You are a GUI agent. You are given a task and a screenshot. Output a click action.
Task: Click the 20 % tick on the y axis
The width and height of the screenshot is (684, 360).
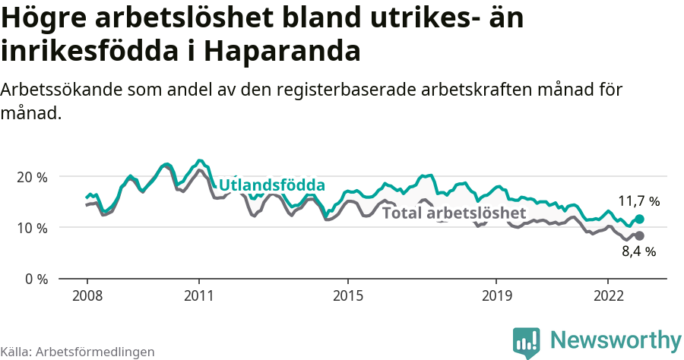point(30,177)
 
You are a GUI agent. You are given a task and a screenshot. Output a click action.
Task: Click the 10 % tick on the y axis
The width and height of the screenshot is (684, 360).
point(30,228)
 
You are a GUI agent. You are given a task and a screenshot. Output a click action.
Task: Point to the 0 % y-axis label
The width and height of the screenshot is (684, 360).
point(34,279)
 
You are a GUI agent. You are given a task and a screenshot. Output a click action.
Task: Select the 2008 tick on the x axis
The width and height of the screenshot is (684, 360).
point(87,295)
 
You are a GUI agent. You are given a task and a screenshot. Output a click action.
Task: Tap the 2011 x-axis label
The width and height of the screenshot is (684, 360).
point(198,295)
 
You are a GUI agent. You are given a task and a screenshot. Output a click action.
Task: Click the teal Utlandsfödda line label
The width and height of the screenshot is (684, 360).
point(272,185)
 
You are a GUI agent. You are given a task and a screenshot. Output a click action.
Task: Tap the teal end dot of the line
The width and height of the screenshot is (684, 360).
point(639,219)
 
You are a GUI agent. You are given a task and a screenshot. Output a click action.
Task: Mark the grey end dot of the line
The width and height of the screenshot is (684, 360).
point(639,236)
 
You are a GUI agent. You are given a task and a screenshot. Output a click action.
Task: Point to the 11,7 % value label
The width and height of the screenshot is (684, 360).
point(638,202)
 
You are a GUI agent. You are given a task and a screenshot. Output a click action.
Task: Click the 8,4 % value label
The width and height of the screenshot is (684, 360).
point(638,252)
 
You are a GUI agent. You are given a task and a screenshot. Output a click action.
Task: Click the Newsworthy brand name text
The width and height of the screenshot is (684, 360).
point(616,339)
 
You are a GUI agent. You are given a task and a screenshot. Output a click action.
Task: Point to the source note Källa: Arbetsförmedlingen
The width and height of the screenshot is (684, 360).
point(78,352)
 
